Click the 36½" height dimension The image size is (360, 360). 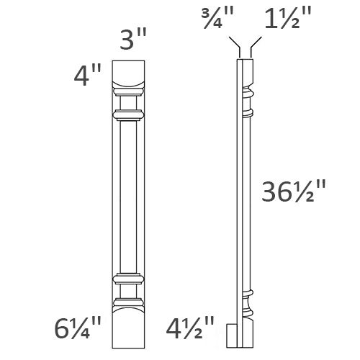coord(293,192)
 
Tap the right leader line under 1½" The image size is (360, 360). coord(250,50)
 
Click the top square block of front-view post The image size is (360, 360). coord(127,73)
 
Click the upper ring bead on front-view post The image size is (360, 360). coord(127,113)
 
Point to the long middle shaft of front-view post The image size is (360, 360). coord(127,194)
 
